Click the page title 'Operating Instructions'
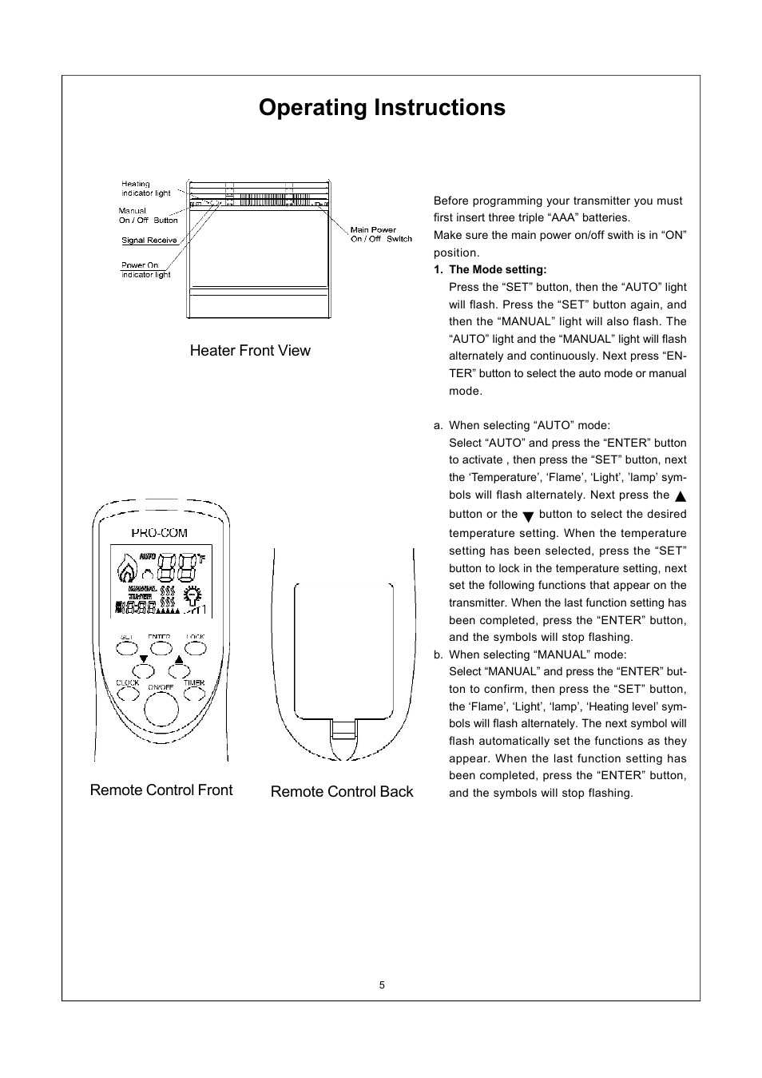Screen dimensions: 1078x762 point(382,108)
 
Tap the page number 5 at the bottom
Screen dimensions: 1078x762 point(382,985)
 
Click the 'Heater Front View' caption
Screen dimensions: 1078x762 point(250,351)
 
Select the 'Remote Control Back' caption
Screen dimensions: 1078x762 point(342,792)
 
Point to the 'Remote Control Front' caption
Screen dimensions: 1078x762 point(161,790)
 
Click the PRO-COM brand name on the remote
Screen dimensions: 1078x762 point(160,533)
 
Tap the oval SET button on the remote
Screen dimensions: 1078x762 point(127,648)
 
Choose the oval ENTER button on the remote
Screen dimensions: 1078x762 point(160,648)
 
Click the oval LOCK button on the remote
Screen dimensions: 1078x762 point(195,648)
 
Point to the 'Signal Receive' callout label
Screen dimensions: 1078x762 point(149,241)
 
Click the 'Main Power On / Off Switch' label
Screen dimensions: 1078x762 point(381,234)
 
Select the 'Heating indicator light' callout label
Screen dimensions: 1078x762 point(146,189)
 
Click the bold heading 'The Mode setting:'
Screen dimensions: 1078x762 point(498,270)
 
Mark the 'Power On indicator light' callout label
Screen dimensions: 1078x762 point(145,270)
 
